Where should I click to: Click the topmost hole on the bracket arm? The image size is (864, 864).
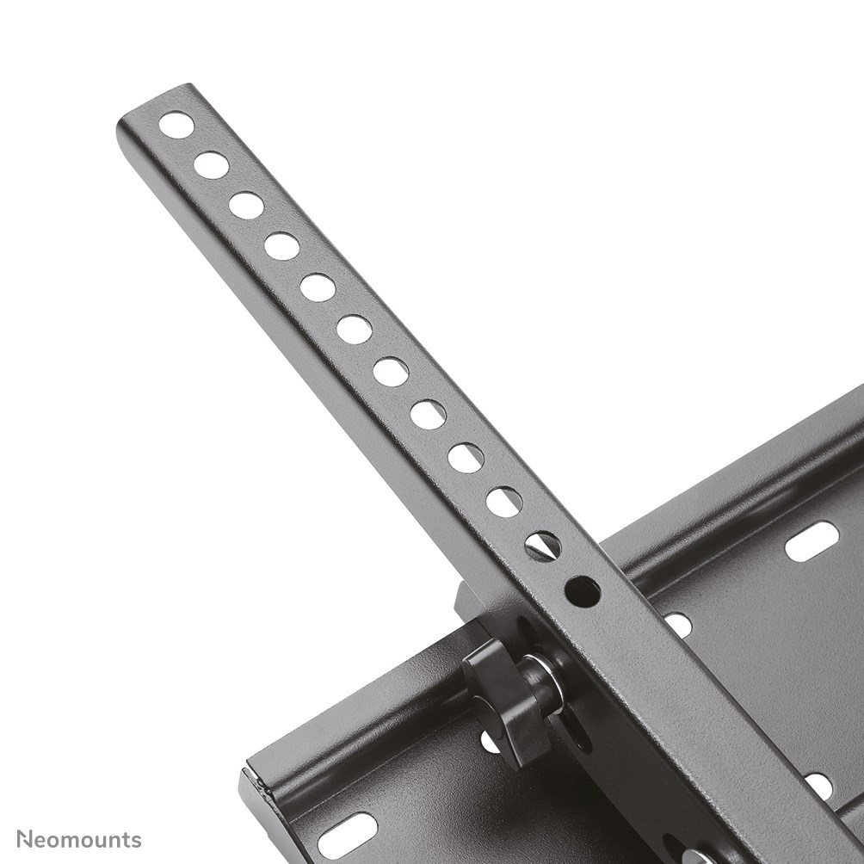click(176, 125)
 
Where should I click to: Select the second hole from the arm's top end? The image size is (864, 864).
click(211, 164)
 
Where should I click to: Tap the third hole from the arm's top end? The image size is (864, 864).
click(246, 206)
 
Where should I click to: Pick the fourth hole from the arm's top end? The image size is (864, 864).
click(281, 246)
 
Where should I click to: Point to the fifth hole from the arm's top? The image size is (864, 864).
click(318, 287)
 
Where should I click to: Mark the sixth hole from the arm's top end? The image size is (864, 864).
click(354, 329)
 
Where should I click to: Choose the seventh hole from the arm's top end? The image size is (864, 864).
click(391, 372)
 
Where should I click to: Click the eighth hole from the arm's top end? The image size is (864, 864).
click(428, 414)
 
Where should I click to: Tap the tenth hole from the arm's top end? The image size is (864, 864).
click(503, 502)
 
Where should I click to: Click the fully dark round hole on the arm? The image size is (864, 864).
click(583, 591)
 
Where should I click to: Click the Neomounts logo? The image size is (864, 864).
click(78, 839)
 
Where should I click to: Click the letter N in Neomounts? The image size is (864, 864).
click(25, 839)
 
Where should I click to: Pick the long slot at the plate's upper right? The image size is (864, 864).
click(812, 541)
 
